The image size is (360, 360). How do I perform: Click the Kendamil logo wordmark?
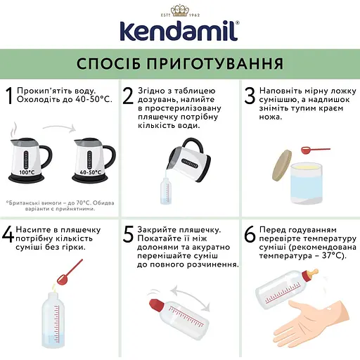pyautogui.click(x=179, y=32)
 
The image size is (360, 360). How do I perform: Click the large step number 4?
pyautogui.click(x=8, y=235)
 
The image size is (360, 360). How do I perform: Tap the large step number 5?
pyautogui.click(x=128, y=235)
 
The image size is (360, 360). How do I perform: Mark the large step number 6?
pyautogui.click(x=249, y=235)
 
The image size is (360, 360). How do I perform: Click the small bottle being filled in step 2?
pyautogui.click(x=167, y=189)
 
